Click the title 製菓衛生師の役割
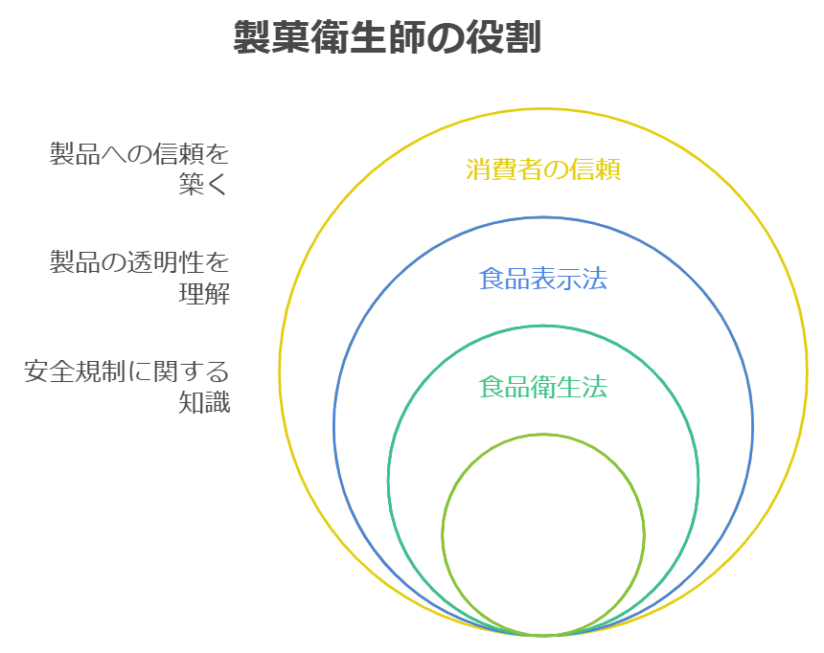[x=388, y=38]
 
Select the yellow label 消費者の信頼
[x=543, y=169]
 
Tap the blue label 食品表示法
[x=543, y=279]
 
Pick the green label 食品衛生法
[x=543, y=388]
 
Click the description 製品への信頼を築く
[x=140, y=169]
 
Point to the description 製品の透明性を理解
[x=140, y=278]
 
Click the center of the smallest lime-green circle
[x=543, y=534]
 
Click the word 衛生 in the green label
[x=543, y=388]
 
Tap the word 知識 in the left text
[x=204, y=403]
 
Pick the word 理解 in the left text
[x=204, y=294]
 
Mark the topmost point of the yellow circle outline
[x=543, y=108]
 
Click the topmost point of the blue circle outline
[x=543, y=217]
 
